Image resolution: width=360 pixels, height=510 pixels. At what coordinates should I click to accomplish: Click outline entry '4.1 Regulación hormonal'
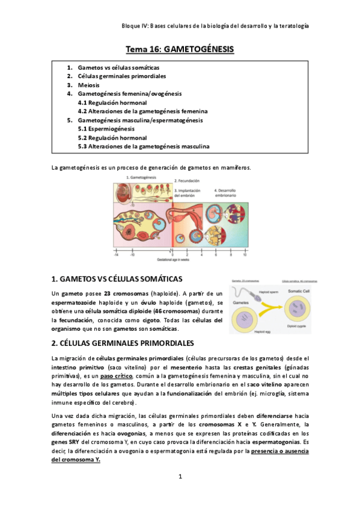(112, 103)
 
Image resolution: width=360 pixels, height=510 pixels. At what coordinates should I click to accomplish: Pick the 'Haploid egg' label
(262, 333)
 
